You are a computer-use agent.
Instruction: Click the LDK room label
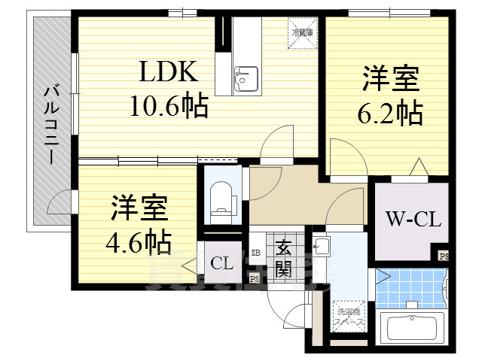click(166, 73)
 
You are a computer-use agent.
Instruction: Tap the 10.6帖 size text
click(169, 107)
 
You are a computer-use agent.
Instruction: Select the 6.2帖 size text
click(389, 113)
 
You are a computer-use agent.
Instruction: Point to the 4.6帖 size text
click(138, 241)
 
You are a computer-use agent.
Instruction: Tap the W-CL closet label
click(413, 220)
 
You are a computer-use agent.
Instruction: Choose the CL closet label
click(221, 263)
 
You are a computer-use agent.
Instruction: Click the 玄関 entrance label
click(284, 258)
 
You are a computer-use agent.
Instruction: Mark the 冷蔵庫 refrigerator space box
click(304, 32)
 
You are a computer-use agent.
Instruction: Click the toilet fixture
click(221, 199)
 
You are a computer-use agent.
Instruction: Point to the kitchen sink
click(246, 77)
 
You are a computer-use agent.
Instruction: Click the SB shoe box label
click(255, 253)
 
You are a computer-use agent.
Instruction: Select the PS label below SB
click(255, 280)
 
